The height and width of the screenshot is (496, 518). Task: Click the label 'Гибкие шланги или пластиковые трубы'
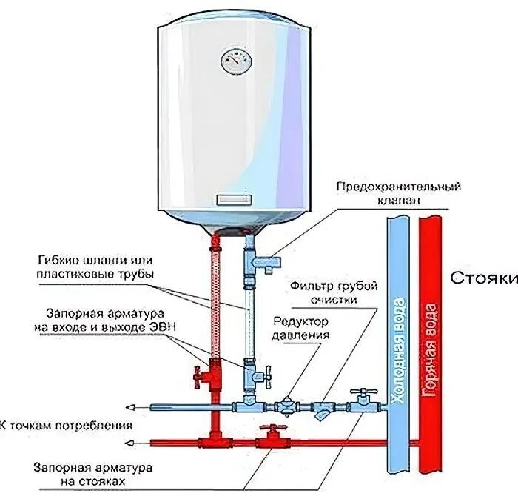pos(104,268)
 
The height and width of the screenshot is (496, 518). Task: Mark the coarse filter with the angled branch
pos(323,409)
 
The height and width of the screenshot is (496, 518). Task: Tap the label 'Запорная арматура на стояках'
pos(94,476)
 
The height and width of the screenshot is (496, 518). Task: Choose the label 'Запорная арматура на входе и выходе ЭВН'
pos(104,320)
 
